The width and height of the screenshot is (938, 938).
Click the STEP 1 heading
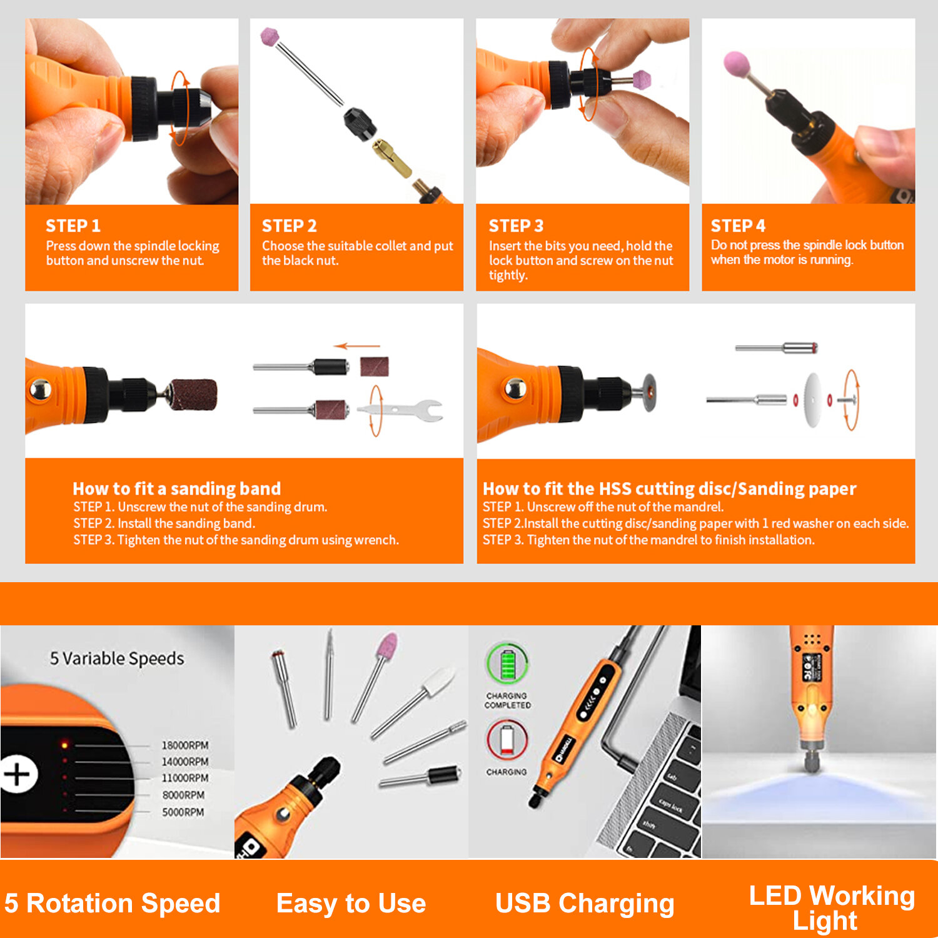click(x=73, y=226)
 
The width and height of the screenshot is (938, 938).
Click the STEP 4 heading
click(x=738, y=226)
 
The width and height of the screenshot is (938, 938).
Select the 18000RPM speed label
click(x=185, y=745)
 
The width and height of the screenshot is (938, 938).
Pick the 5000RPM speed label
click(x=183, y=812)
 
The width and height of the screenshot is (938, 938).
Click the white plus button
click(x=17, y=774)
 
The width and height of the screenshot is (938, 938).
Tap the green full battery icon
click(x=507, y=664)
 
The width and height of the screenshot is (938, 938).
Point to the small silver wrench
click(x=401, y=410)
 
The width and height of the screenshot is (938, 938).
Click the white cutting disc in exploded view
click(x=812, y=400)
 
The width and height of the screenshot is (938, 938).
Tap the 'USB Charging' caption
click(x=585, y=904)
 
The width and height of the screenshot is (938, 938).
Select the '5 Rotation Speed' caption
click(x=113, y=904)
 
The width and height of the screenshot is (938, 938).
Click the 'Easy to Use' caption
click(x=351, y=904)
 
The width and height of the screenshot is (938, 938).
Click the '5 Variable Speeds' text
click(x=117, y=658)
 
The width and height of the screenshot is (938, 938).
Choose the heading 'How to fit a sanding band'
click(x=177, y=488)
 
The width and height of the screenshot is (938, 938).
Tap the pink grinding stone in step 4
click(x=737, y=64)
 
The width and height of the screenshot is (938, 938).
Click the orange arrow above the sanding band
click(x=357, y=346)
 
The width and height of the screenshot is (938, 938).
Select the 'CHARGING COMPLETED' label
click(x=507, y=700)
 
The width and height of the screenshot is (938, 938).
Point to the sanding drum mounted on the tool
click(x=194, y=395)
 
